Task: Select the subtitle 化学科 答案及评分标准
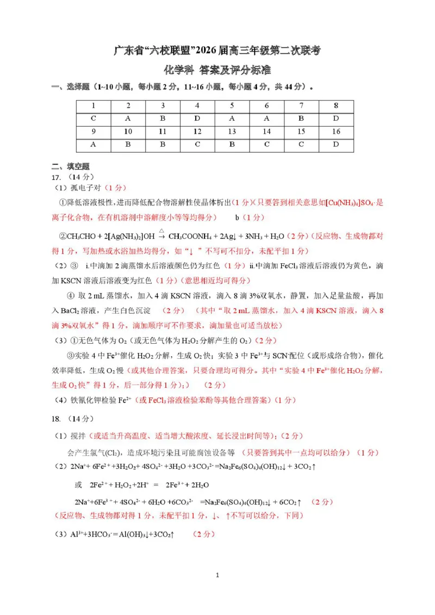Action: [x=217, y=70]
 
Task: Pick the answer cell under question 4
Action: [x=197, y=119]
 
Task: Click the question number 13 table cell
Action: [x=232, y=132]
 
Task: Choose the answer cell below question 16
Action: [x=336, y=144]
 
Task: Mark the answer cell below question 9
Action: [x=94, y=144]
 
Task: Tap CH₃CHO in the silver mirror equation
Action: [x=80, y=237]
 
